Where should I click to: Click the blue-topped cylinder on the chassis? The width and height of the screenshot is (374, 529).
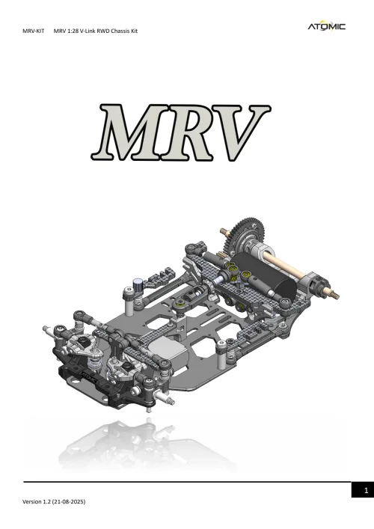[139, 285]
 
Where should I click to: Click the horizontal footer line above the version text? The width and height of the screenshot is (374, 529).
[187, 482]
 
